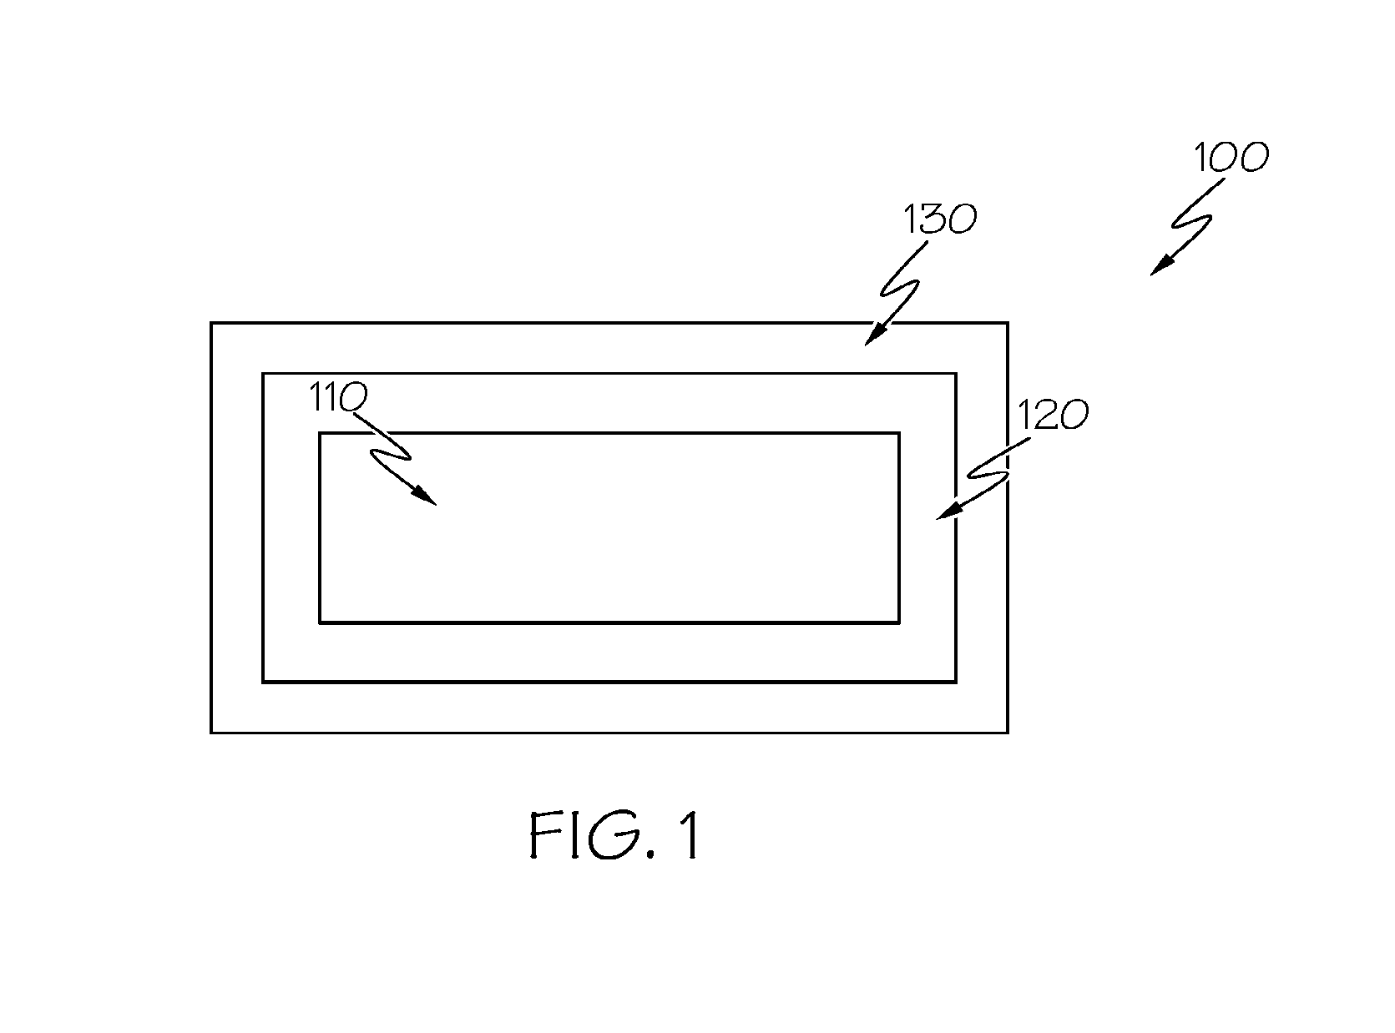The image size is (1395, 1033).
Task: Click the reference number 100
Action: click(1231, 157)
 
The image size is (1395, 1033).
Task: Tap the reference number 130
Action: click(940, 219)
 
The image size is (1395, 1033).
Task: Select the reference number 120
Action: click(1053, 415)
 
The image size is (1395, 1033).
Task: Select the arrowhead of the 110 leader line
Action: click(425, 496)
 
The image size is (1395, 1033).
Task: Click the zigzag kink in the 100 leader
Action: click(1191, 222)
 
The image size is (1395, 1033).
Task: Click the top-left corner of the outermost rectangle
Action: click(211, 324)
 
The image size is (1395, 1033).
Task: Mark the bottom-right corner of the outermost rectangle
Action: click(1008, 733)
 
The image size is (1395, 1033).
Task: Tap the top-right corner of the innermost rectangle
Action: click(899, 433)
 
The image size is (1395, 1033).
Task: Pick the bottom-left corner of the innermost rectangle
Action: click(320, 622)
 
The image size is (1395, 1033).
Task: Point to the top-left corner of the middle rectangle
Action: click(263, 374)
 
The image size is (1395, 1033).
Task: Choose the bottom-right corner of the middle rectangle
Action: click(956, 682)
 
